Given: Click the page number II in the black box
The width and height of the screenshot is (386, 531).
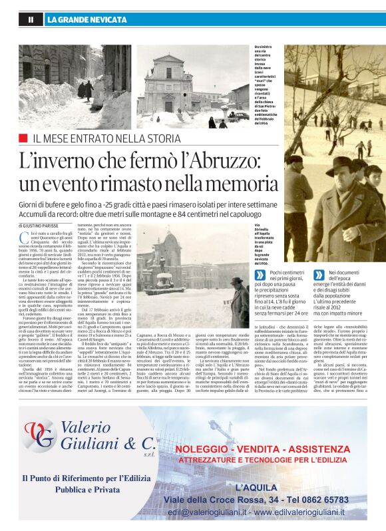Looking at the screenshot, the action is [x=31, y=20].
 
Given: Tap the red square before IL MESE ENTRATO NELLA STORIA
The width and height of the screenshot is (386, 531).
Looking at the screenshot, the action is [x=23, y=138].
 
